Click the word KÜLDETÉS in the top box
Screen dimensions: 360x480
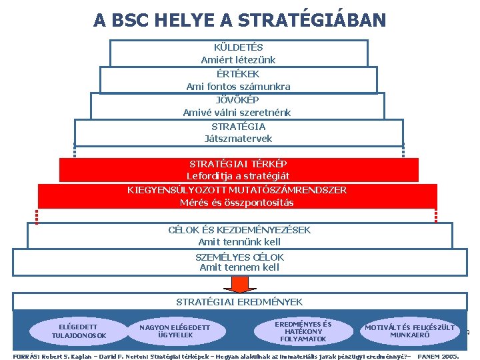coord(238,47)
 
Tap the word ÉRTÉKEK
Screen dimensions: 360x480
coord(238,74)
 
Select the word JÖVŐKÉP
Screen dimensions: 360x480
coord(238,100)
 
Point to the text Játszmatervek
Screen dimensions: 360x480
coord(238,139)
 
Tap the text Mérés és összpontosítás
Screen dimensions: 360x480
coord(238,202)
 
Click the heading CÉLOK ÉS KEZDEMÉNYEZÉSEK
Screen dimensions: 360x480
coord(239,230)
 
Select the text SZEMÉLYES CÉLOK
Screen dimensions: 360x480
coord(239,257)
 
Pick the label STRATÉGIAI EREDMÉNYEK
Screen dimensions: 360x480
coord(239,302)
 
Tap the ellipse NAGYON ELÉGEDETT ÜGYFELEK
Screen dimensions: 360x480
coord(175,331)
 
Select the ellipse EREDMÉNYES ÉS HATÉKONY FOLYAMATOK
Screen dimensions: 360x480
coord(303,331)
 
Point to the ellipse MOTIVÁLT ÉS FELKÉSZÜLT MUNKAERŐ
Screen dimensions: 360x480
coord(409,331)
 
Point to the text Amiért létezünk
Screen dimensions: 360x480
coord(238,60)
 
